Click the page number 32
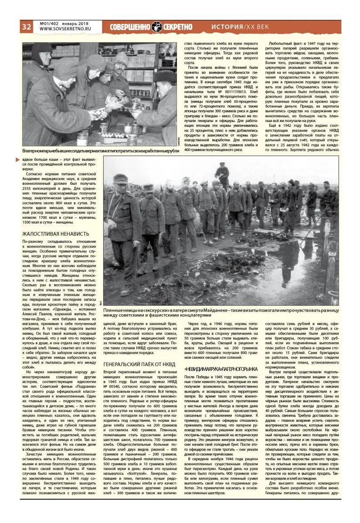(x=26, y=27)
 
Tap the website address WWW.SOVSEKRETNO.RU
(x=63, y=30)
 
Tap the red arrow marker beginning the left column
(x=17, y=160)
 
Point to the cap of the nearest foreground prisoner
(x=120, y=178)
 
